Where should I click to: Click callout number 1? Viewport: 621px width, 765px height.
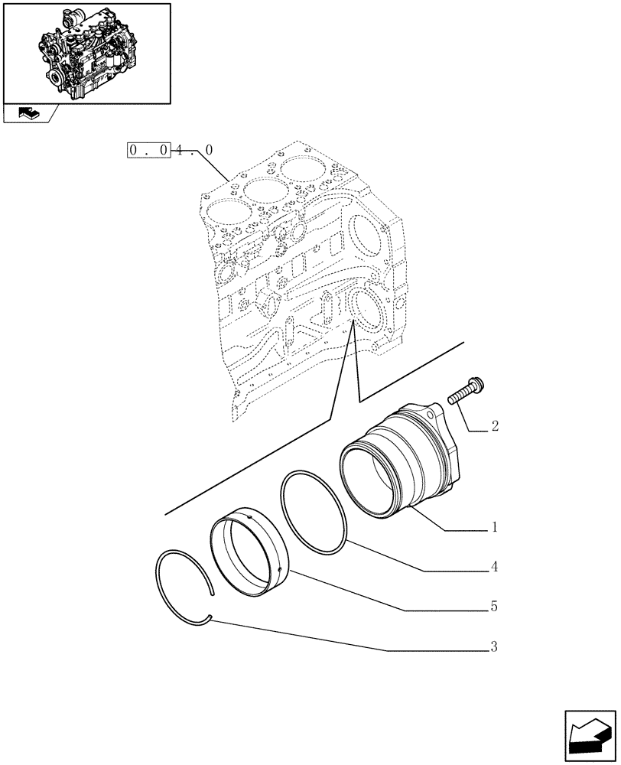495,527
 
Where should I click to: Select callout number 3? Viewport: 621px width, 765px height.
495,648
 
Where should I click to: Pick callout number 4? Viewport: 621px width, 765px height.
495,568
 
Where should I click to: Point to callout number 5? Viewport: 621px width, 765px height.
495,607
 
